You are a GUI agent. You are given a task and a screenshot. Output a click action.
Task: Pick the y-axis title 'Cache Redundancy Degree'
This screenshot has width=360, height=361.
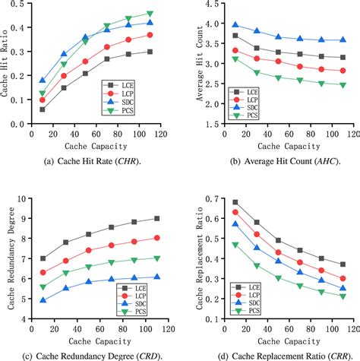(x=8, y=258)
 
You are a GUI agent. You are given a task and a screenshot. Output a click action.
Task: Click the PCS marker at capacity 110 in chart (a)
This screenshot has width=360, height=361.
(x=150, y=14)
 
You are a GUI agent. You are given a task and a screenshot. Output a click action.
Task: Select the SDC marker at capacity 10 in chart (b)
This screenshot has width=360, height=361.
(x=235, y=25)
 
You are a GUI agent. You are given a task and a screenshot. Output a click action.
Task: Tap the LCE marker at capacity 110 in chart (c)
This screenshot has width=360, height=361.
(x=157, y=218)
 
